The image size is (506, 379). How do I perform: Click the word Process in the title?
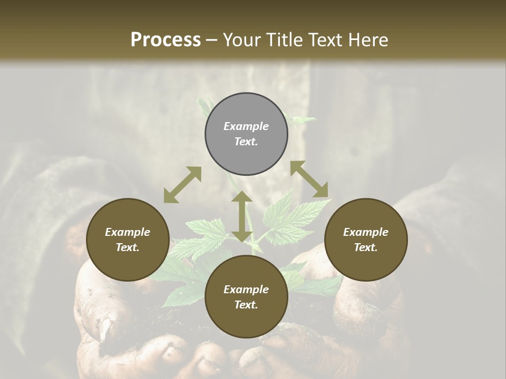point(166,40)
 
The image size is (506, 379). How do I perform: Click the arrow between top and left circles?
point(182,185)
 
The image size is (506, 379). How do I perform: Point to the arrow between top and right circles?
point(309,179)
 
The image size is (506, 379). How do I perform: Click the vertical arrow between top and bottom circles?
point(242,216)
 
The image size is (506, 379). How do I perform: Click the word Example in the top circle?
point(246,126)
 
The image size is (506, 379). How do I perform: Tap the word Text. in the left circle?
point(128,247)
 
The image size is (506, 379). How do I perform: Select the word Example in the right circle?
point(366,232)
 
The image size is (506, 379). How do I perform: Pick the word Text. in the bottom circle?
point(246,305)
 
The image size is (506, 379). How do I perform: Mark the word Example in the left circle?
point(128,232)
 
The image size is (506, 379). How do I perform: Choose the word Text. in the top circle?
point(246,142)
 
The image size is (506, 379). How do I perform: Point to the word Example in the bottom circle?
point(246,290)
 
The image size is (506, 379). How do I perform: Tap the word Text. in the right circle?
point(366,247)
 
